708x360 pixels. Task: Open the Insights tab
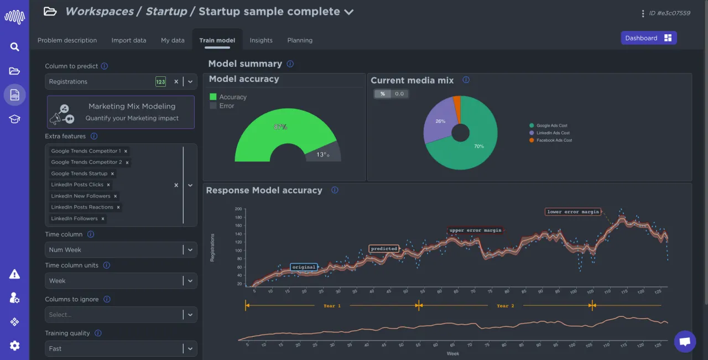[261, 40]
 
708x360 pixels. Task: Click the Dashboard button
[648, 38]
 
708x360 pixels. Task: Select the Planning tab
[300, 40]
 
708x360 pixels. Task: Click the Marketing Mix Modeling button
[121, 112]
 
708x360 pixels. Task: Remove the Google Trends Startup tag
[113, 174]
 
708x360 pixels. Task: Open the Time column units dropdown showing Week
[121, 281]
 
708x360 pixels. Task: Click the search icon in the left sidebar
[14, 47]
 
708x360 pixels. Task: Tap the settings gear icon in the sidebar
[14, 346]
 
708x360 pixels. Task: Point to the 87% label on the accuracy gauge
[280, 127]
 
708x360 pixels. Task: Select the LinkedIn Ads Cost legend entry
[553, 133]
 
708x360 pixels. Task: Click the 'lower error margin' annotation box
[572, 212]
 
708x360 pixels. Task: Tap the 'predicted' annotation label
[384, 249]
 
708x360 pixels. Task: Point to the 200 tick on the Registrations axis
[238, 209]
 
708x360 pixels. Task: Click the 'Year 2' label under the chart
[506, 306]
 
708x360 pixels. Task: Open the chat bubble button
[685, 341]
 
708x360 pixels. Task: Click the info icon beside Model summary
[290, 64]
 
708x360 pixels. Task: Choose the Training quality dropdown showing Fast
[121, 349]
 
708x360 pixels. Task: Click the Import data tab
[129, 40]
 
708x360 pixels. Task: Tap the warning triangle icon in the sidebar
[14, 274]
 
